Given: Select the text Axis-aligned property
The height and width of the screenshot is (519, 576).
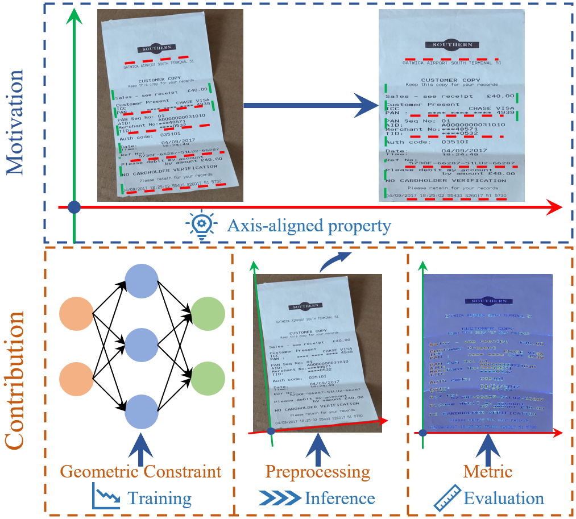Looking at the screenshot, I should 309,226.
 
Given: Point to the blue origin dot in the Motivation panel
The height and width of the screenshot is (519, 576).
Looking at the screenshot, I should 73,207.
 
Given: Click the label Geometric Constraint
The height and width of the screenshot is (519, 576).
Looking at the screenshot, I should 140,472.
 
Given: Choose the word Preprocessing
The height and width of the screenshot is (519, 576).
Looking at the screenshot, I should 317,472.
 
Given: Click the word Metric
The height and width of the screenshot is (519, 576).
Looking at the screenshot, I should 488,472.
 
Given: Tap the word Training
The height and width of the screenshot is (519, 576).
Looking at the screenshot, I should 160,499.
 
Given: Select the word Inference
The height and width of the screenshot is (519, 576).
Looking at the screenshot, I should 339,499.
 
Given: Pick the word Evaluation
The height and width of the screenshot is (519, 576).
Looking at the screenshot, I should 504,499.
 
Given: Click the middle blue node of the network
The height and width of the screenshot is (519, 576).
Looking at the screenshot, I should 141,344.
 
